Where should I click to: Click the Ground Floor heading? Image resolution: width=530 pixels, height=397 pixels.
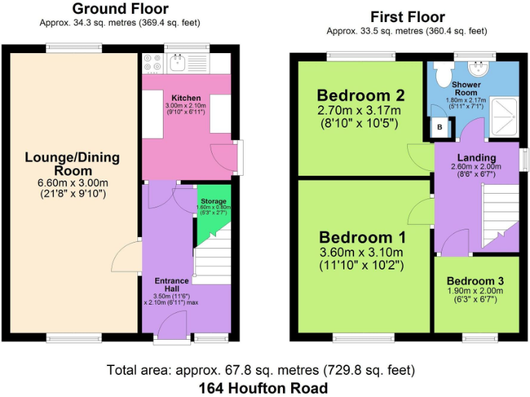(x=120, y=9)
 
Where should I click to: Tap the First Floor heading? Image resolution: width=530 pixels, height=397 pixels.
(x=407, y=17)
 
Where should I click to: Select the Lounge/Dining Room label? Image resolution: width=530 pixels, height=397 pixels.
(x=72, y=163)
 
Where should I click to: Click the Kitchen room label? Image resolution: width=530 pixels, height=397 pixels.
(x=186, y=98)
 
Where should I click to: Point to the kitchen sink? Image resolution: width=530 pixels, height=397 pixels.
(x=178, y=63)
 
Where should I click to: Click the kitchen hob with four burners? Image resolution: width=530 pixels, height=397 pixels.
(x=152, y=63)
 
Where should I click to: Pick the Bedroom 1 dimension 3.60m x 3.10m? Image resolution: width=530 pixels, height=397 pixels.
(x=362, y=252)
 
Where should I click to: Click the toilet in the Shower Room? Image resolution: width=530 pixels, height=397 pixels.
(x=440, y=71)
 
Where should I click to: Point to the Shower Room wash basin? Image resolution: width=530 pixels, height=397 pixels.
(x=477, y=67)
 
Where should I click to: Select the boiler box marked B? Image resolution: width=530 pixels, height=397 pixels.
(x=440, y=128)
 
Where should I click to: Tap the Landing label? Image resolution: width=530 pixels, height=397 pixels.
(x=476, y=159)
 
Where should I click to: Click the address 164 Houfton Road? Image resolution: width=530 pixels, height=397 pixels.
(x=263, y=387)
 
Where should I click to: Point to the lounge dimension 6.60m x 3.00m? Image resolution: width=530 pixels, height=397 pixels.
(x=72, y=183)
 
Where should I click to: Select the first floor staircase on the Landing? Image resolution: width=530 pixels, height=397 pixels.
(x=498, y=214)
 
